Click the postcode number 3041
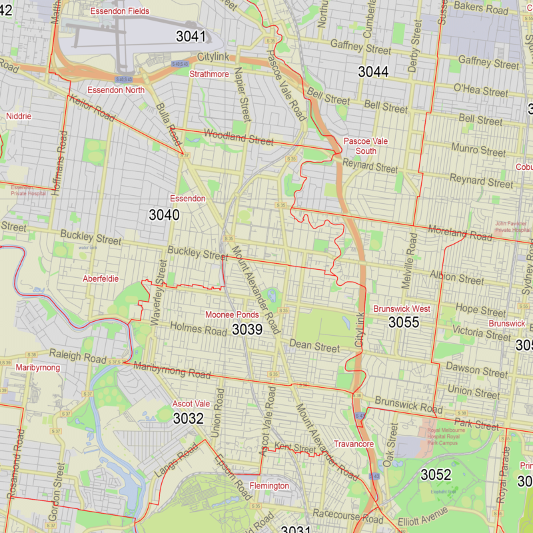point(191,37)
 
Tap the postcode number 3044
point(373,72)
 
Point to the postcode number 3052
point(436,475)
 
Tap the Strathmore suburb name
point(209,74)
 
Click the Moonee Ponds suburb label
point(232,314)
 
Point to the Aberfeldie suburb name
point(101,278)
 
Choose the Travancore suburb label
point(354,444)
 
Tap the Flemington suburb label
point(269,486)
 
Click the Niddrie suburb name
point(19,116)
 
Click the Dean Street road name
point(314,346)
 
